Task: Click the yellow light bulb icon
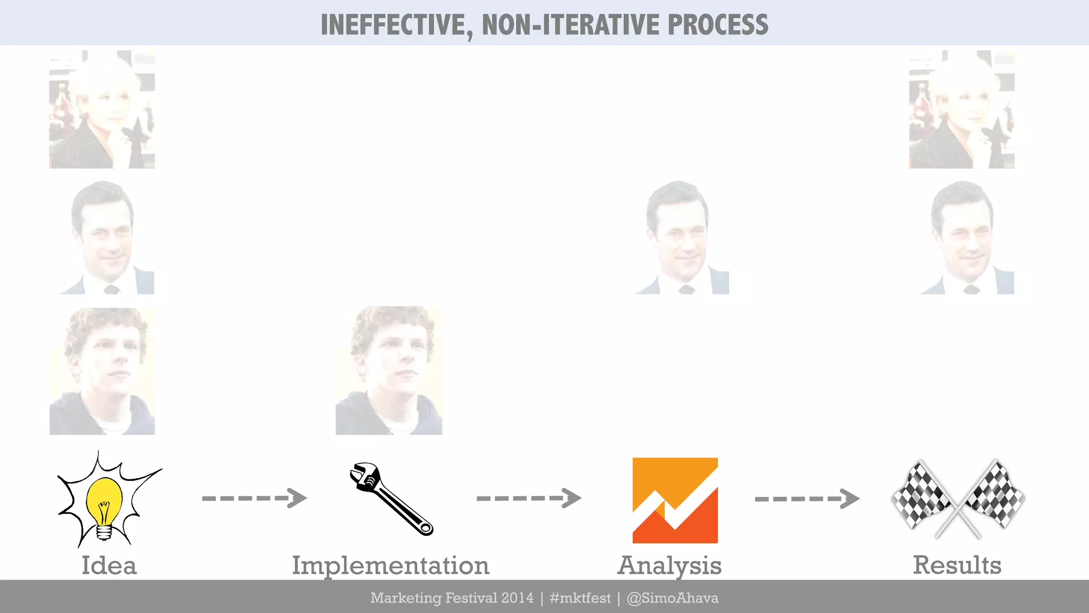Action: (104, 503)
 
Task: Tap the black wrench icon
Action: (391, 499)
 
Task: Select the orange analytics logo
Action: (675, 500)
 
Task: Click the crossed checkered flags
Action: (958, 499)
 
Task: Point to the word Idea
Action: (109, 565)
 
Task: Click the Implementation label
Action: (390, 566)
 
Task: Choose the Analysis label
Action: (669, 566)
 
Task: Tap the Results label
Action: (957, 565)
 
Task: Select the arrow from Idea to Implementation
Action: (254, 498)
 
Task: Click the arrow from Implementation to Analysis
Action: (529, 498)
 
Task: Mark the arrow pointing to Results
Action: (807, 499)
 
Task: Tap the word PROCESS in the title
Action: (717, 25)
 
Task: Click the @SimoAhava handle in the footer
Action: (672, 598)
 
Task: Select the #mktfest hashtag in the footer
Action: (580, 598)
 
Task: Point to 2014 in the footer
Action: (517, 598)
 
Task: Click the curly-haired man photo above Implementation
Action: (389, 370)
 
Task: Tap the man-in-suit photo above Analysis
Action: (682, 237)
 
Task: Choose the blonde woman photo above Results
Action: (961, 110)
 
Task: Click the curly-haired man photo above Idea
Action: (102, 371)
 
